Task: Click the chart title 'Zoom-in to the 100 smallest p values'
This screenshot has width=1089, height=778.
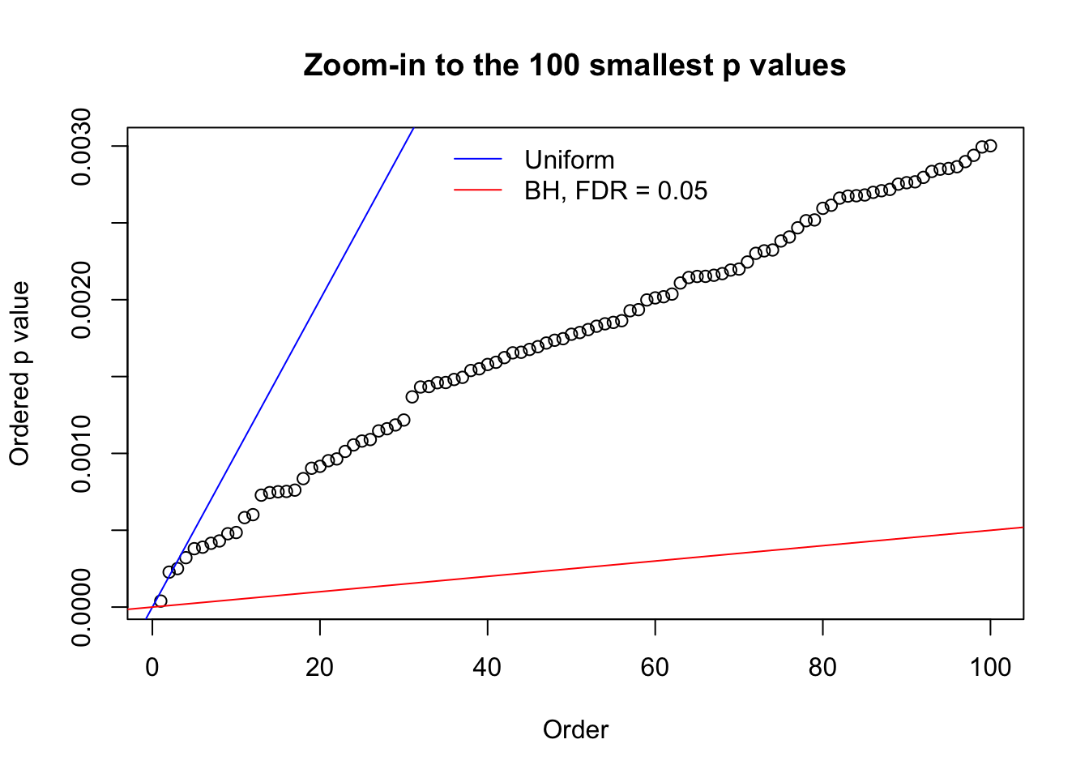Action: pyautogui.click(x=574, y=65)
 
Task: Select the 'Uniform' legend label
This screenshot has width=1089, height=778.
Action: pyautogui.click(x=569, y=160)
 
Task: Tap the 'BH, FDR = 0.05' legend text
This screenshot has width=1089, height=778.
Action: pyautogui.click(x=616, y=190)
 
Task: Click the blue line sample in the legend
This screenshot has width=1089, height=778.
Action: pyautogui.click(x=478, y=160)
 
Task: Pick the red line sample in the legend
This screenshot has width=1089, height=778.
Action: pyautogui.click(x=478, y=190)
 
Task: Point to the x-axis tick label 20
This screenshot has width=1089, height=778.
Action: pyautogui.click(x=320, y=667)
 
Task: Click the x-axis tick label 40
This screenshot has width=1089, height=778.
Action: pyautogui.click(x=488, y=667)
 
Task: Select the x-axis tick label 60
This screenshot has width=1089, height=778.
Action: pyautogui.click(x=655, y=667)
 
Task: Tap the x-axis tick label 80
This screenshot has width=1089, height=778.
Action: pyautogui.click(x=822, y=667)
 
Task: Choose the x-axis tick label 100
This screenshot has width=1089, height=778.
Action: pyautogui.click(x=990, y=667)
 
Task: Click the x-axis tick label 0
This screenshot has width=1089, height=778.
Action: pyautogui.click(x=152, y=667)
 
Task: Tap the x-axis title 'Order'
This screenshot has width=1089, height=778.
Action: pyautogui.click(x=575, y=729)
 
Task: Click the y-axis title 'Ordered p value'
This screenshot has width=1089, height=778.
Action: pyautogui.click(x=19, y=374)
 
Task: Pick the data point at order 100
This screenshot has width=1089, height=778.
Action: pyautogui.click(x=990, y=146)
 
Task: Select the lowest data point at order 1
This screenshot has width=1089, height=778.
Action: pyautogui.click(x=160, y=601)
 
